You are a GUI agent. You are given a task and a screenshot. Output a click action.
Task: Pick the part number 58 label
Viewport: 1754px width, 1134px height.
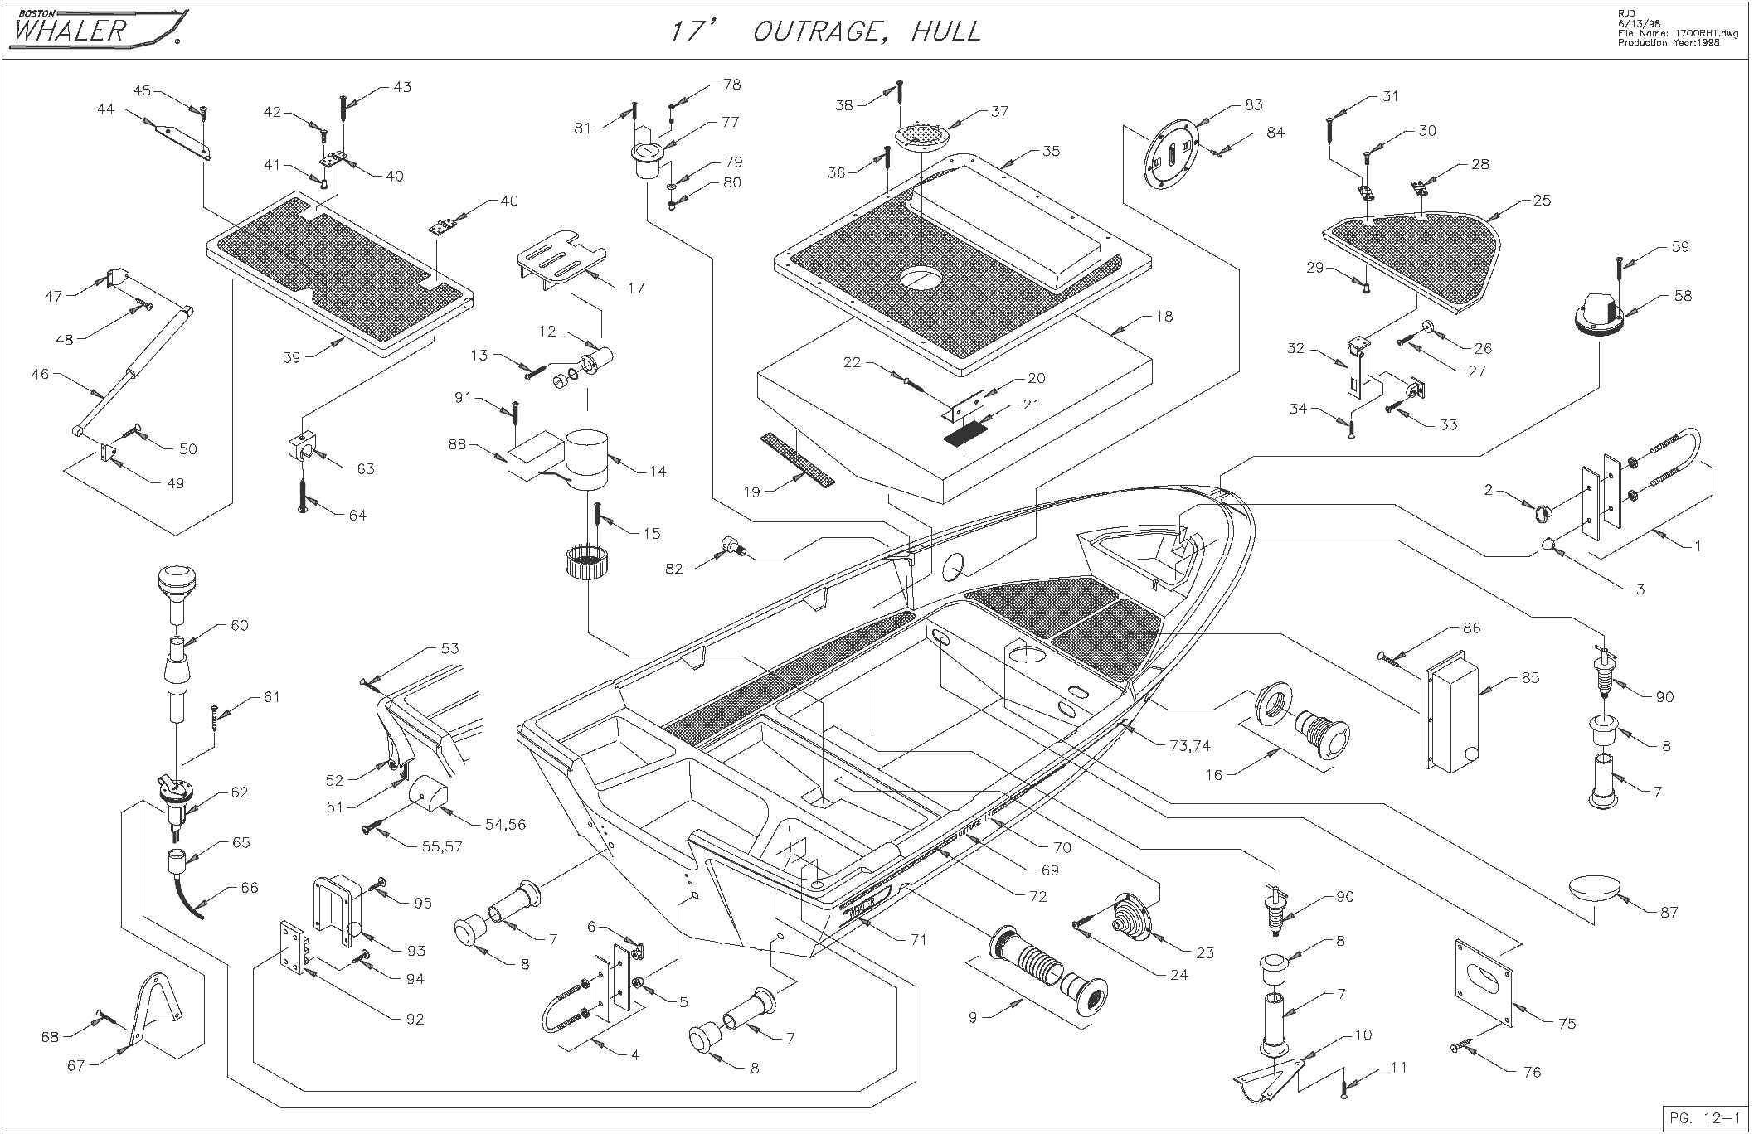click(1683, 296)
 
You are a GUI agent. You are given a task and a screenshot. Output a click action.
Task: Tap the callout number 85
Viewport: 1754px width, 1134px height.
click(1530, 677)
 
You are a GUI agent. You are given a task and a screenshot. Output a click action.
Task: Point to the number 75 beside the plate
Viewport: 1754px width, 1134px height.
click(1567, 1024)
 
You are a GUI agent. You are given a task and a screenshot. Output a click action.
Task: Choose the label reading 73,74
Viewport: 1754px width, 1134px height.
click(1190, 746)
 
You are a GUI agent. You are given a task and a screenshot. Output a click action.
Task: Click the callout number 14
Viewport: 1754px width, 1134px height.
click(658, 471)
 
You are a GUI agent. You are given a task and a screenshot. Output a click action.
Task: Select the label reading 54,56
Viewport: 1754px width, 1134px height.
click(504, 825)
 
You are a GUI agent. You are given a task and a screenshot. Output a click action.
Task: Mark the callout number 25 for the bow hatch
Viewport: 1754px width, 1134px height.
click(1542, 201)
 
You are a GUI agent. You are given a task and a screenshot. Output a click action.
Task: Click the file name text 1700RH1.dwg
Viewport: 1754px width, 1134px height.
click(1685, 34)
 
